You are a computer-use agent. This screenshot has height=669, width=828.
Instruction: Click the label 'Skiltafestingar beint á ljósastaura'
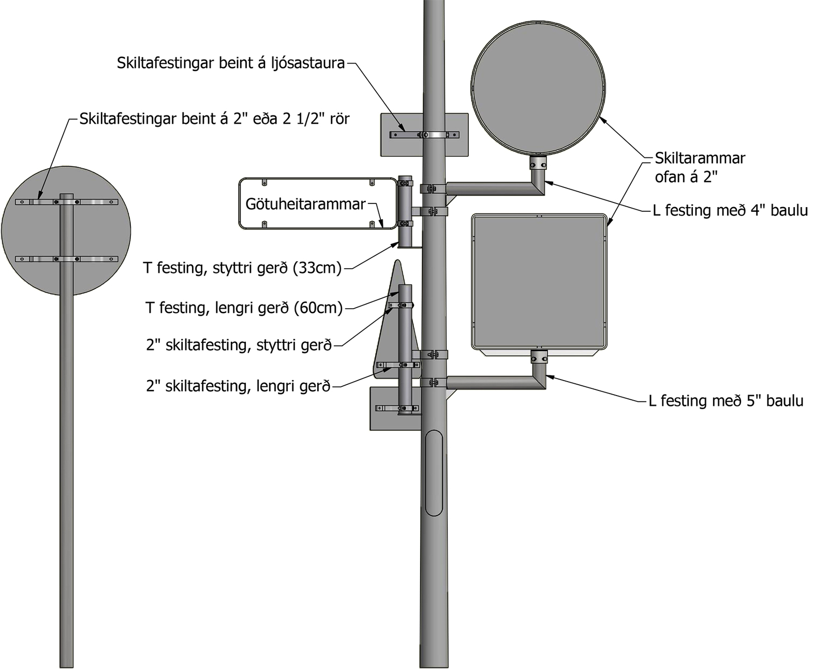point(231,63)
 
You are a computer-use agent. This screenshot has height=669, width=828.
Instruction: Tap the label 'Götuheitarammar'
point(305,204)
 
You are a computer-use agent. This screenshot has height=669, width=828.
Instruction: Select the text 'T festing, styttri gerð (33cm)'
point(242,268)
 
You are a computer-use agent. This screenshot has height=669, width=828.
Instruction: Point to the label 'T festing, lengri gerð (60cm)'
point(244,308)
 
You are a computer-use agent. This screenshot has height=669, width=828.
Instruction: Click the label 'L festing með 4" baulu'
point(730,210)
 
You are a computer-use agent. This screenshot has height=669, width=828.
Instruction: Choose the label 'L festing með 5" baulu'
point(726,401)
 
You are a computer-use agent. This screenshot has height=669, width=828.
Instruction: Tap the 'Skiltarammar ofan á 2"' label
point(700,167)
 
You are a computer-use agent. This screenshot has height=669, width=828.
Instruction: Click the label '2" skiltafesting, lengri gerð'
point(239,386)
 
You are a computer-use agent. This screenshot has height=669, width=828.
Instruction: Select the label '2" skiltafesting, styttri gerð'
point(239,345)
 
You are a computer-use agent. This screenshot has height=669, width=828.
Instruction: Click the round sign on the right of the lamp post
point(539,88)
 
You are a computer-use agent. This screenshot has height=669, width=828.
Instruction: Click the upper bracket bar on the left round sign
point(66,202)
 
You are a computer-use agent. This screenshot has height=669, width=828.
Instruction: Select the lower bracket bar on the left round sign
point(66,259)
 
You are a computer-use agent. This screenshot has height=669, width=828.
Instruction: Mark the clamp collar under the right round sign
point(538,164)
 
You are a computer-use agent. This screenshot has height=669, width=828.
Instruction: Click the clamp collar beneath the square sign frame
point(539,357)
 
